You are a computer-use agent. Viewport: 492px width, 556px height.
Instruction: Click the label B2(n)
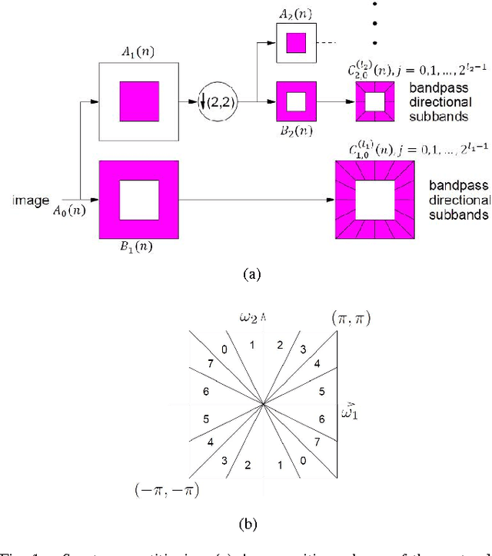pos(296,130)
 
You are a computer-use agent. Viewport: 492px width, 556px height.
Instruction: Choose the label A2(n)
pos(296,14)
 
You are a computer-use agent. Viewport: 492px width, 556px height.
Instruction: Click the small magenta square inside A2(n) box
pos(296,41)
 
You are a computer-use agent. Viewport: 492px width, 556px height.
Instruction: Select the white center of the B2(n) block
pos(296,101)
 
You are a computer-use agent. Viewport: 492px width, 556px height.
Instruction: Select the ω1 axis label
pos(350,412)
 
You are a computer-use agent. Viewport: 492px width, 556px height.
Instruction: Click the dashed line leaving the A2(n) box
pos(330,41)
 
